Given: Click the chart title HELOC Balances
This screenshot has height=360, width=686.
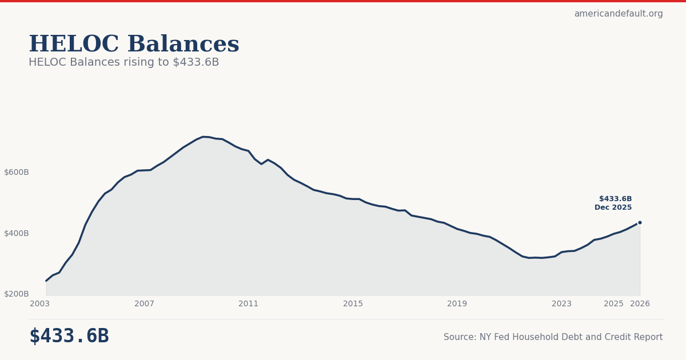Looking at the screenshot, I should [x=134, y=45].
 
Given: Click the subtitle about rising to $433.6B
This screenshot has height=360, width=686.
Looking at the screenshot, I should [x=123, y=62].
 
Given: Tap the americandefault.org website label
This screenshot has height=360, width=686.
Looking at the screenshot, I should [x=618, y=14].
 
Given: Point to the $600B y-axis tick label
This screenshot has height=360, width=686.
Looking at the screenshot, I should [x=17, y=172].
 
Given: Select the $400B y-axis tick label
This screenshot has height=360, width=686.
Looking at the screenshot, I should [x=17, y=233].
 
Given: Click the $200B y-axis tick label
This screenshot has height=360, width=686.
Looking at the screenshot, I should [x=17, y=294].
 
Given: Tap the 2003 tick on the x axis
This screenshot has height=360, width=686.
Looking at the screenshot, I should [x=40, y=304].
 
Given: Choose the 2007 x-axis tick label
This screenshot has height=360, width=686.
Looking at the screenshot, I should [x=144, y=304].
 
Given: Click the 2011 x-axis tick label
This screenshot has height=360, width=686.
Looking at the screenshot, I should [x=248, y=304].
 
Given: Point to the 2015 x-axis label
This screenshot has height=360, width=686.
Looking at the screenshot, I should [x=353, y=304].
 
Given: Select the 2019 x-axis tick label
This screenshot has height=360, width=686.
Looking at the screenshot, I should [x=457, y=304].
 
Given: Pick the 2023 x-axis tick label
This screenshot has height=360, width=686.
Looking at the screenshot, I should [x=561, y=304].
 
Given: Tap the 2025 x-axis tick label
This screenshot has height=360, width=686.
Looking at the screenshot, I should [x=613, y=304].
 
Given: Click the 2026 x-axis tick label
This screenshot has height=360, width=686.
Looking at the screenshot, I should [x=640, y=304].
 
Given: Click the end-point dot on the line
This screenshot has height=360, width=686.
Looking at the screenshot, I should [x=640, y=222].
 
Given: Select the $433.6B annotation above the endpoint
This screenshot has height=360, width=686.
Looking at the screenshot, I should [x=615, y=199].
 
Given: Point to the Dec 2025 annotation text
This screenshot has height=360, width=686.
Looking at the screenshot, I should [x=613, y=207].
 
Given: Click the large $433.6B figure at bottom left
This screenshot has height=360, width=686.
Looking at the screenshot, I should [x=69, y=337].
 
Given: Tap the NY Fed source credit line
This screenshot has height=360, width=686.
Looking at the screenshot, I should [x=553, y=337].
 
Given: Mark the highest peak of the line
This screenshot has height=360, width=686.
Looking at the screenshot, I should [x=204, y=137].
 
